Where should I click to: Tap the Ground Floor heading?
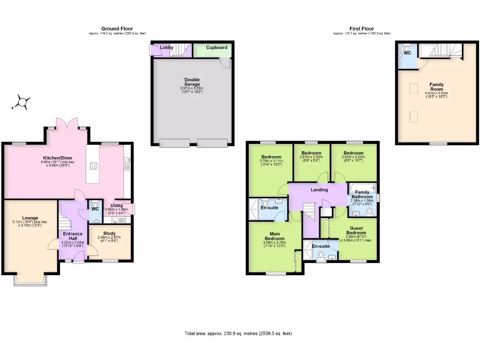(x=117, y=29)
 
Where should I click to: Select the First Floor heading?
(x=361, y=29)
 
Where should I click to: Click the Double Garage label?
(x=192, y=82)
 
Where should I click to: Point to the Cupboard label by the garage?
(x=217, y=47)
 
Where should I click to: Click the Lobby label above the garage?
(x=166, y=47)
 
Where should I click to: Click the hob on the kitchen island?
(x=93, y=165)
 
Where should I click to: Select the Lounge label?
(x=30, y=218)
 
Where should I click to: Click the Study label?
(x=109, y=233)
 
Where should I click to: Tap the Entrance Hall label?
(x=73, y=236)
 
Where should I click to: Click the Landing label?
(x=319, y=189)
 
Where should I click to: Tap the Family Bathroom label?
(x=362, y=194)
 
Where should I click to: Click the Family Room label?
(x=436, y=87)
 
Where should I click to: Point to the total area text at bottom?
(x=238, y=333)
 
